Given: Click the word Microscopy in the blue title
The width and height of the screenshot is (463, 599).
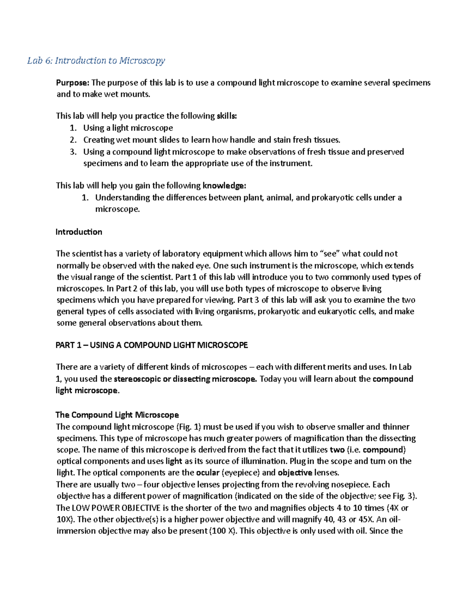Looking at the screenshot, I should click(x=142, y=61).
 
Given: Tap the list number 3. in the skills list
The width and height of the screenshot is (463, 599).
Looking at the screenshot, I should click(x=74, y=152).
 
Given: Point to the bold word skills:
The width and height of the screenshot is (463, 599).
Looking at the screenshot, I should click(x=226, y=116).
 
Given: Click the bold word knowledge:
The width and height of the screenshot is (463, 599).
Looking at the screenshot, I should click(x=224, y=186).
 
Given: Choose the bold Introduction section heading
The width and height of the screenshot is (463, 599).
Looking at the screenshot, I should click(x=79, y=232).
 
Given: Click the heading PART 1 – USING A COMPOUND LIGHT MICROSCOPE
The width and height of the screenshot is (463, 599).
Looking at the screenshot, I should click(x=152, y=345).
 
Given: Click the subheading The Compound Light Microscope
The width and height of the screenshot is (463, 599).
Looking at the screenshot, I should click(x=117, y=415).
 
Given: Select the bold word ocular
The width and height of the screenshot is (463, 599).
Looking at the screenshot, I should click(x=208, y=472).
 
